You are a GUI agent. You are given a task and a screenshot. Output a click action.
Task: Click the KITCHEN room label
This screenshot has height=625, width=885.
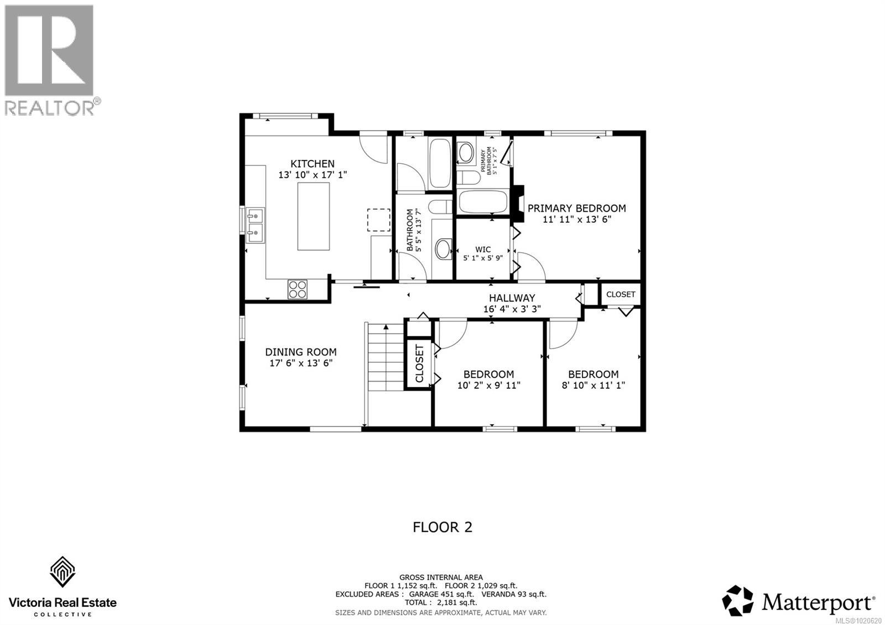(x=312, y=164)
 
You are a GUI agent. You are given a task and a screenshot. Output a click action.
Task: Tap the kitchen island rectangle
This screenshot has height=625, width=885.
(x=313, y=216)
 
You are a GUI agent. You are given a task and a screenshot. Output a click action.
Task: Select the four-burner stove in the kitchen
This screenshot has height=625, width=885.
(x=298, y=289)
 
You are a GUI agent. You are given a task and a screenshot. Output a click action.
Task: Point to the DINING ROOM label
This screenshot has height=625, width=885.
(x=301, y=352)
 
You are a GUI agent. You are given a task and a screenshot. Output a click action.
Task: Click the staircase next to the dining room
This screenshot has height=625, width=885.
(x=386, y=357)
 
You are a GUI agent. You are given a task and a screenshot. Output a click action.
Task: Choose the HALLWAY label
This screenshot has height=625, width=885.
(x=512, y=298)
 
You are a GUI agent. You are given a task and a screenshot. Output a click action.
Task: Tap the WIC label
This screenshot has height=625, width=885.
(x=483, y=249)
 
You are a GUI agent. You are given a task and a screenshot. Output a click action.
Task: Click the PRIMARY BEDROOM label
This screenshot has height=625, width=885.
(x=577, y=208)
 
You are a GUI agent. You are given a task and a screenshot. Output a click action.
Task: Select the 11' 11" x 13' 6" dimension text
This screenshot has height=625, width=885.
(x=577, y=219)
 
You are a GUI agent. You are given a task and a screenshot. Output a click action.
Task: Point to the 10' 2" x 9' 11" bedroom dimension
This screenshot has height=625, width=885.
(x=489, y=385)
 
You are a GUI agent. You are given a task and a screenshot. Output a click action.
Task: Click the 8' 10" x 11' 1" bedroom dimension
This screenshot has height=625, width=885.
(x=594, y=385)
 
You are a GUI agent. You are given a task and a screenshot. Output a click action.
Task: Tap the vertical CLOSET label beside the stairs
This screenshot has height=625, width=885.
(x=419, y=363)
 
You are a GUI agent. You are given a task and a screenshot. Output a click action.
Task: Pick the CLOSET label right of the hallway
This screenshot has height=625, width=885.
(x=621, y=294)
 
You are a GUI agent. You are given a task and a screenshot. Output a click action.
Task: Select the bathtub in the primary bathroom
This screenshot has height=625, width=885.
(x=482, y=202)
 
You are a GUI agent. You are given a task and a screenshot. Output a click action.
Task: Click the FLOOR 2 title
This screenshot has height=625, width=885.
(x=442, y=527)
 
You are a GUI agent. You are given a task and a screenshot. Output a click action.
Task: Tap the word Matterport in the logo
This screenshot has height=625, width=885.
(x=816, y=603)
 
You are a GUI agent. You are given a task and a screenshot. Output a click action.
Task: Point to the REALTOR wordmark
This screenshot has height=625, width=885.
(x=50, y=107)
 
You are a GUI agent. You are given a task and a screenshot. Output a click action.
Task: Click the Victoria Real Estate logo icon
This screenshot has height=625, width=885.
(x=63, y=572)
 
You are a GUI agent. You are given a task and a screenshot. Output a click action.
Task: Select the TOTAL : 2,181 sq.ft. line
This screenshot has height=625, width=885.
(x=441, y=602)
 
